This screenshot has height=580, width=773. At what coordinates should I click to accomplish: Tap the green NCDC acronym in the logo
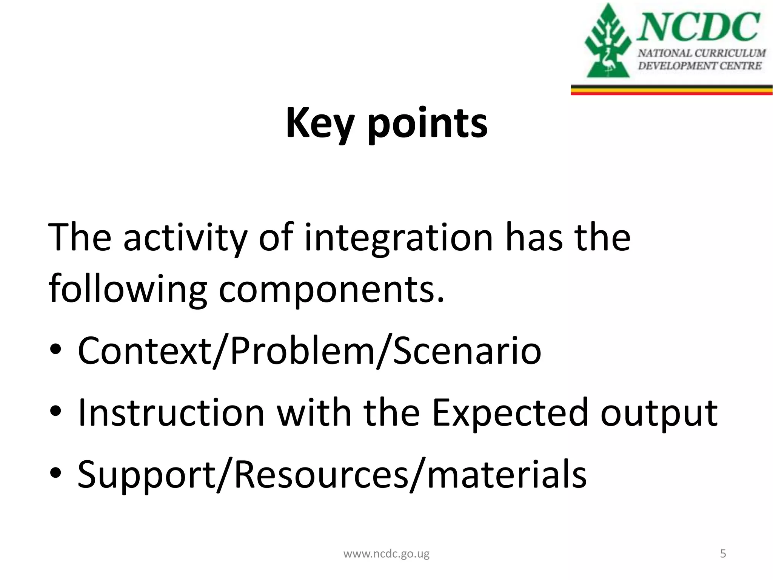[x=698, y=26]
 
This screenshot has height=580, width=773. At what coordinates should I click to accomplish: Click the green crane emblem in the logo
[x=607, y=42]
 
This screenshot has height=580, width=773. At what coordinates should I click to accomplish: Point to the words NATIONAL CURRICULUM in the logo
[x=702, y=53]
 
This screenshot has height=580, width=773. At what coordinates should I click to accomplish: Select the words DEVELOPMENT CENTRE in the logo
[x=699, y=66]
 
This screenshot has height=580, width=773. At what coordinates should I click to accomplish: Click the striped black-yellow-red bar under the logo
[x=671, y=90]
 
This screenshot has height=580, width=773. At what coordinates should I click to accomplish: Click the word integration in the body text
[x=399, y=238]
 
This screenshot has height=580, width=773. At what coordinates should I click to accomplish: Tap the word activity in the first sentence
[x=185, y=238]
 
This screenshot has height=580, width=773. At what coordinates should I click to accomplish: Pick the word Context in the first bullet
[x=144, y=351]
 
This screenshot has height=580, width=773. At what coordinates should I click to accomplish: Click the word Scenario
[x=467, y=351]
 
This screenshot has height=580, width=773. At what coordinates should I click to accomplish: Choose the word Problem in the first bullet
[x=302, y=351]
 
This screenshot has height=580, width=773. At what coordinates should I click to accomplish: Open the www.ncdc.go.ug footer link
[x=386, y=554]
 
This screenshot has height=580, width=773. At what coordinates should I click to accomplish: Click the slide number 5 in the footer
[x=723, y=554]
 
